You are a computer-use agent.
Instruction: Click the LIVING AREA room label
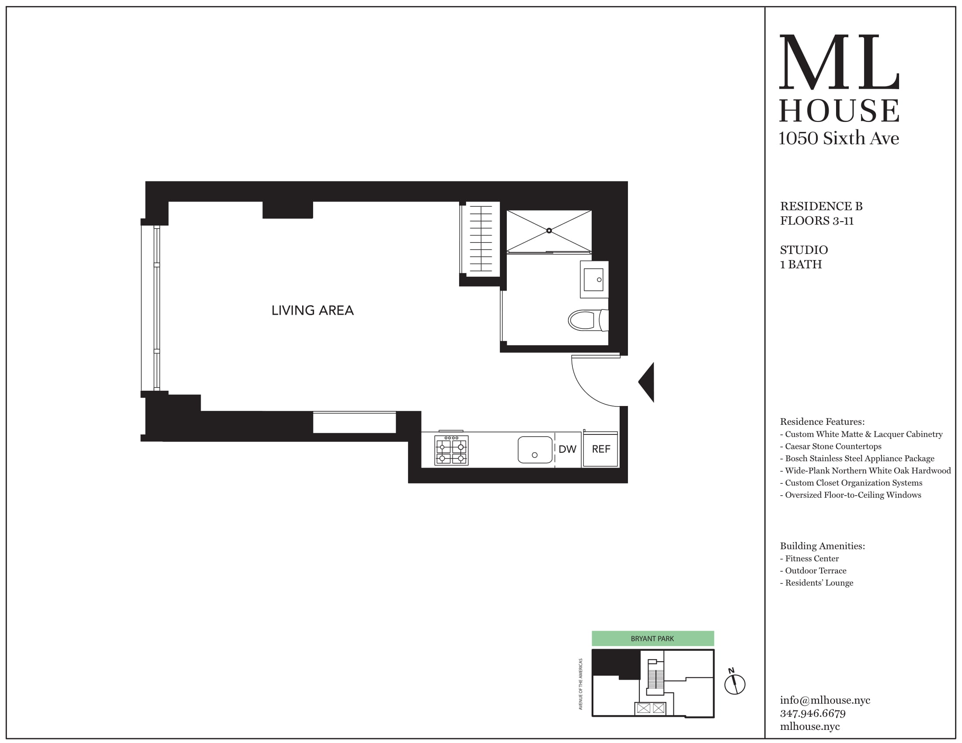tap(312, 310)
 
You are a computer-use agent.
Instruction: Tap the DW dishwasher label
tap(567, 449)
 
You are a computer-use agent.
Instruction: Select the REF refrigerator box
tap(601, 449)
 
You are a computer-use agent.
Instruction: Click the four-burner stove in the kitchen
tap(451, 450)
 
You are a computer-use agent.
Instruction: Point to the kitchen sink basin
tap(535, 449)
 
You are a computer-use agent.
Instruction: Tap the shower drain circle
tap(549, 231)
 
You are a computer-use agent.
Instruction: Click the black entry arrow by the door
tap(647, 382)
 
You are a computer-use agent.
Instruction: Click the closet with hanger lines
tap(481, 239)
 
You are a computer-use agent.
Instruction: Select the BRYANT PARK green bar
tap(652, 638)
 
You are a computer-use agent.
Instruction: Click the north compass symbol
tap(734, 684)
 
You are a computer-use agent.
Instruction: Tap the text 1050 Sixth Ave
tap(838, 138)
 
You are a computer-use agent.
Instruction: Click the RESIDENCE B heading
tap(821, 206)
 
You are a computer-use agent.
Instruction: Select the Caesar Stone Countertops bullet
tap(833, 446)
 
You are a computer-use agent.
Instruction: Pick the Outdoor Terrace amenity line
tap(816, 570)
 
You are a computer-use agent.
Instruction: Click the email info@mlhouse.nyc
tap(825, 700)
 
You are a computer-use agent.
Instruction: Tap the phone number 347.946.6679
tap(813, 713)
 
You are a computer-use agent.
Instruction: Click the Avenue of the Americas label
tap(581, 684)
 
